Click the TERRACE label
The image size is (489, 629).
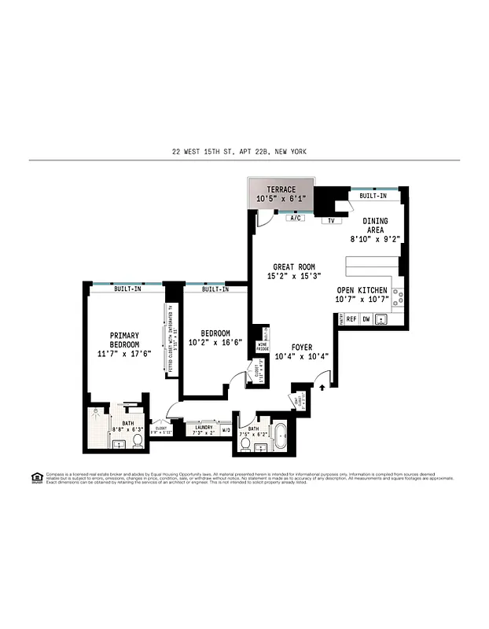(281, 189)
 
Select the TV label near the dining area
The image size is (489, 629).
(330, 221)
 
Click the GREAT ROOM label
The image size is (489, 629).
(294, 267)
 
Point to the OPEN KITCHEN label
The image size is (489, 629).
(362, 290)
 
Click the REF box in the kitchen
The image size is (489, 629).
(351, 319)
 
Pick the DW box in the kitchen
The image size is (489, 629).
(366, 319)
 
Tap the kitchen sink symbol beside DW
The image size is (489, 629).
(381, 319)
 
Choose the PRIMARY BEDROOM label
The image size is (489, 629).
(124, 340)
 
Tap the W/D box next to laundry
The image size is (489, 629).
(226, 430)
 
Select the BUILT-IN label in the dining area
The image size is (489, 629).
(373, 195)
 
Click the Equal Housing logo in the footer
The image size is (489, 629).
(36, 477)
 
